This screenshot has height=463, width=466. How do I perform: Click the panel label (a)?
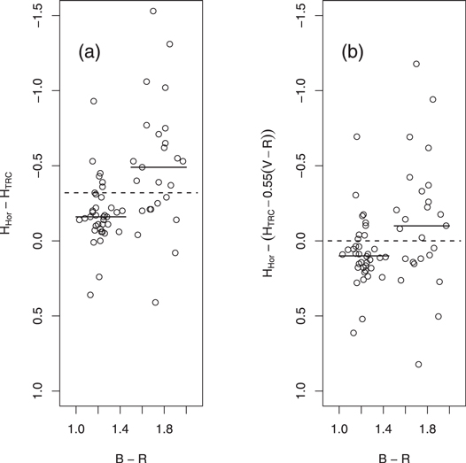(89, 52)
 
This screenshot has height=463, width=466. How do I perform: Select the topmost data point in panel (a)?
(153, 12)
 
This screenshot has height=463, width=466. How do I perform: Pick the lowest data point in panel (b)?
(418, 364)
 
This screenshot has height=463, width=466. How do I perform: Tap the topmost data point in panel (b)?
(416, 64)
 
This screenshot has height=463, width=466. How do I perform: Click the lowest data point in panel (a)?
(155, 303)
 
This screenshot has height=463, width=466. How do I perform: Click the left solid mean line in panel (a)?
(101, 216)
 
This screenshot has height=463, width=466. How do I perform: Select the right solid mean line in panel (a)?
(159, 167)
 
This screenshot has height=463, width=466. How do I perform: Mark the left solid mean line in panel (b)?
(364, 256)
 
